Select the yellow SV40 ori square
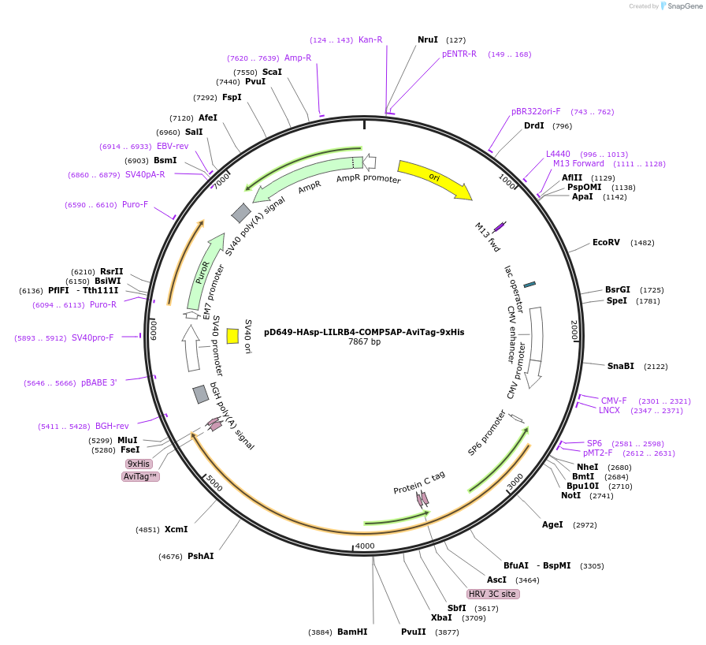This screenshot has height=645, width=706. coord(232,336)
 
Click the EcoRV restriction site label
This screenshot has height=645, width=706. coord(607,242)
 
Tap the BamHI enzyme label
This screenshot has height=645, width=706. coord(352,632)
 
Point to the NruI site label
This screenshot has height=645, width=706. coord(428,39)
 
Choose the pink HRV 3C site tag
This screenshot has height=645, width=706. coord(493,594)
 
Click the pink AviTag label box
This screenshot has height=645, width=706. coord(141,476)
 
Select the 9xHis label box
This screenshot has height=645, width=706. coord(139,464)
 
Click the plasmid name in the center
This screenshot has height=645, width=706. coord(364,332)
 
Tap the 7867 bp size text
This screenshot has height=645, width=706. coord(364,342)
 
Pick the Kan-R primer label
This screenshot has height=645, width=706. coord(370,39)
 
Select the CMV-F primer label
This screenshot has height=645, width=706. coord(614,401)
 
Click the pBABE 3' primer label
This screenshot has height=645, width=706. coord(98,383)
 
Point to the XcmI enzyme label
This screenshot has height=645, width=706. coord(176,529)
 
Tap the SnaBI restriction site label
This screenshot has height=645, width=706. coord(621,366)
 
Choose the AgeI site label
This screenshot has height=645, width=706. coord(552,524)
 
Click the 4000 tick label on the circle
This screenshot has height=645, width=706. coord(365,546)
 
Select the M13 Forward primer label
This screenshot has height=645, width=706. coord(578,164)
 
